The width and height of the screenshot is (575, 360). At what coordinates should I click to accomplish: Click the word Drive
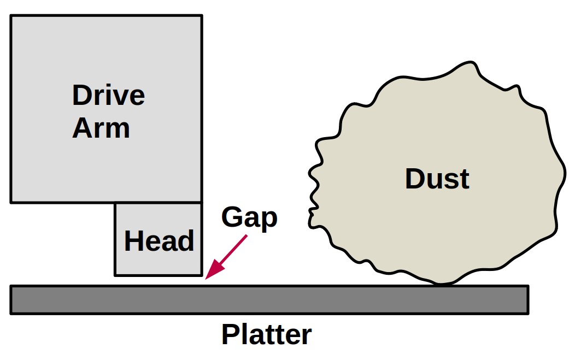click(108, 96)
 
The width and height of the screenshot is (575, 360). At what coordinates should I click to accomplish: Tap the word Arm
click(101, 128)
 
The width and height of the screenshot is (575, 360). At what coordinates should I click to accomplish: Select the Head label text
click(159, 241)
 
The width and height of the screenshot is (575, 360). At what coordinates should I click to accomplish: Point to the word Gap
click(249, 218)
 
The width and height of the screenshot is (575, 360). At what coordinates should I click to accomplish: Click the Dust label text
click(437, 179)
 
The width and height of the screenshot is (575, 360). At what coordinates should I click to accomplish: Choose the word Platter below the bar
click(266, 334)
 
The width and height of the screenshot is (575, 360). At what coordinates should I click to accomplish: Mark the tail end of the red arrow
click(247, 236)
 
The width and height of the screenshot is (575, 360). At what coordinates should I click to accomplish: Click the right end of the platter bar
click(527, 299)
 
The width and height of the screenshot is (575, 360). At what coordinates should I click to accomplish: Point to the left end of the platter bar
click(11, 299)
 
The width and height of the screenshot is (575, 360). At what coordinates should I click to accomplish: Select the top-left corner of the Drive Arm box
click(11, 16)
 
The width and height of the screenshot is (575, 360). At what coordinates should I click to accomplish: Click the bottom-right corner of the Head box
click(201, 275)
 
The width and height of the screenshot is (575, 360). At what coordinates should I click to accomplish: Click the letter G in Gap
click(232, 217)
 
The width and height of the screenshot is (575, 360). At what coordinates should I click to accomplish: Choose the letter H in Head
click(133, 241)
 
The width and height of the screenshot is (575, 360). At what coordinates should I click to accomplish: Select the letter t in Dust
click(465, 179)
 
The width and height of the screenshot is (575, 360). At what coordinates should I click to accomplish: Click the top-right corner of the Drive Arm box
click(201, 16)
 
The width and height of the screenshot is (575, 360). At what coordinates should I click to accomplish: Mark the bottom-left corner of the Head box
click(115, 275)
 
